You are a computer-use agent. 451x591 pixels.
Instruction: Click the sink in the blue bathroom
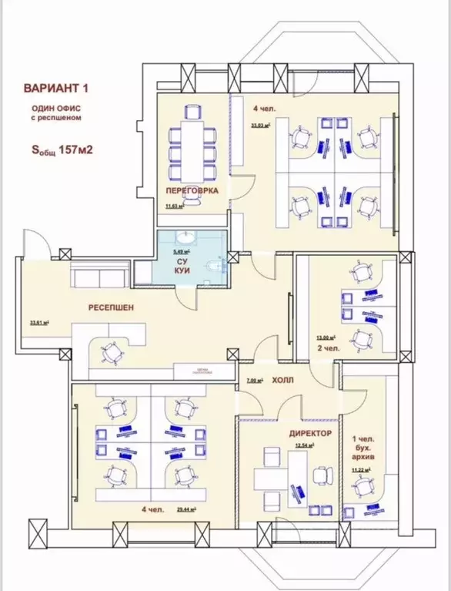(x=184, y=237)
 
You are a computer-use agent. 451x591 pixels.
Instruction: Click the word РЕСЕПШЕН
(x=110, y=307)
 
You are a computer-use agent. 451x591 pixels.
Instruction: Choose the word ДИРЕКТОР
(x=310, y=433)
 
